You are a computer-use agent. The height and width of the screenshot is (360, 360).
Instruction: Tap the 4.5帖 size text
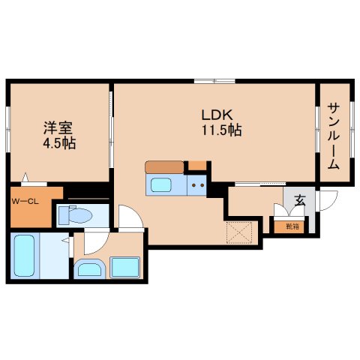58,142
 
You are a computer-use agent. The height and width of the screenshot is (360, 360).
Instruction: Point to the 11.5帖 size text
220,130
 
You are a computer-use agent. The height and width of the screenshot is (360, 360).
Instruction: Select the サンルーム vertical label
333,136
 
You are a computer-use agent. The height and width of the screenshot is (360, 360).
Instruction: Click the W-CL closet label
25,201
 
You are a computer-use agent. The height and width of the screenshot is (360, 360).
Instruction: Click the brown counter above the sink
164,167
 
